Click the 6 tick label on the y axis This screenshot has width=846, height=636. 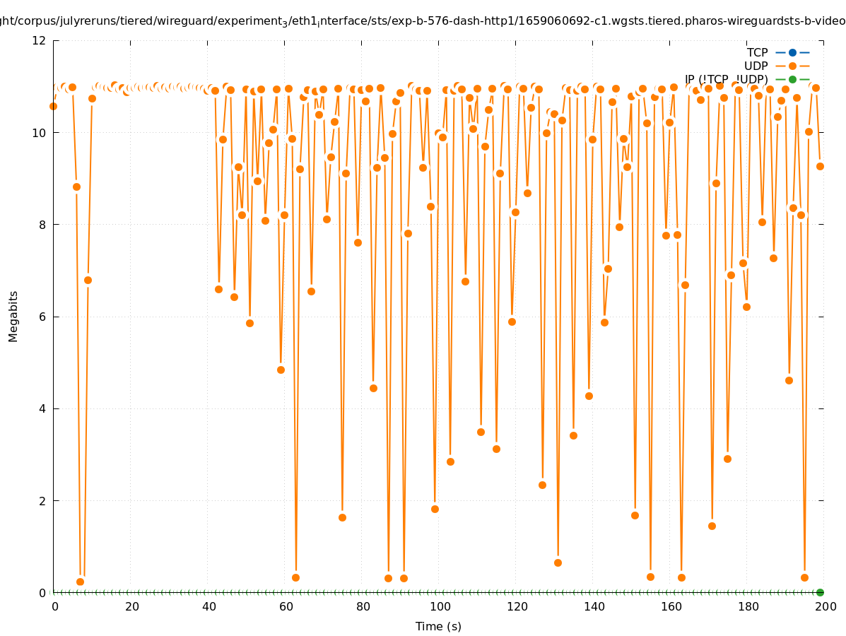43,317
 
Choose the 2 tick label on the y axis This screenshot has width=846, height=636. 43,500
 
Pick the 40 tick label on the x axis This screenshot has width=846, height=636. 208,606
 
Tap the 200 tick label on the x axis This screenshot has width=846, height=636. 826,606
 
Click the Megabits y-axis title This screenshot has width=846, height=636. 13,316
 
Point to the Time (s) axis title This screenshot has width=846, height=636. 438,626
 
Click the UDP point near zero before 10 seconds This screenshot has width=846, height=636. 80,582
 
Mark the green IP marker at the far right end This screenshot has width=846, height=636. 820,592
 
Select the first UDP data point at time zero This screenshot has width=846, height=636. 53,106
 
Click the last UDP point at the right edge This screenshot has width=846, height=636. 820,166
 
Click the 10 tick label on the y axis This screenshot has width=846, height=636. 40,133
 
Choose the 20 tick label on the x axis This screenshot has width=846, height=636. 131,606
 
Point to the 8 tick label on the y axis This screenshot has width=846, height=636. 43,225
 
